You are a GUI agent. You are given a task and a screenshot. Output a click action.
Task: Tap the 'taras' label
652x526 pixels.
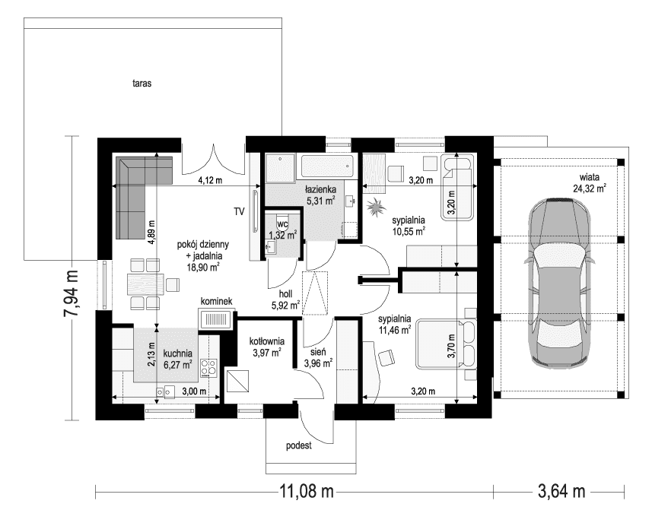point(142,85)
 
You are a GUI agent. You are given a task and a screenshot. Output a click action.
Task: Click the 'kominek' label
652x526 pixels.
point(216,302)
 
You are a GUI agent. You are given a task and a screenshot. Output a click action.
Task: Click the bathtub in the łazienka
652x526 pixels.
point(326,166)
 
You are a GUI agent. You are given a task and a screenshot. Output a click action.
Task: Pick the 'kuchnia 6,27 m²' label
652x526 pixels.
point(177,359)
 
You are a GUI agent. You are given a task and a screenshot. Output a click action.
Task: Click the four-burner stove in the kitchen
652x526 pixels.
point(208,369)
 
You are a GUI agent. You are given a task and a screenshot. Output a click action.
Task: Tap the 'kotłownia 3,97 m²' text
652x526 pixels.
point(266,347)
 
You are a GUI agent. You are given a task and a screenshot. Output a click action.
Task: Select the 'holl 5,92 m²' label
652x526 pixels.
point(285,300)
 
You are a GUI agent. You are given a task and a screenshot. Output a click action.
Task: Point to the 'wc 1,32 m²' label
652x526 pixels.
point(281,230)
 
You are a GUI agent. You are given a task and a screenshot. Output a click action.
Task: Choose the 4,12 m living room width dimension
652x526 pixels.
point(210,181)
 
